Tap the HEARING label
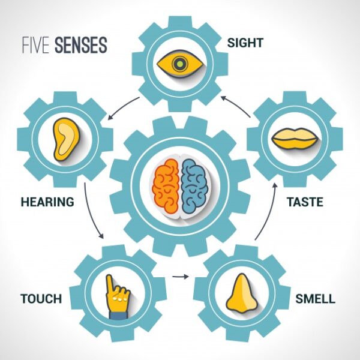click(47, 202)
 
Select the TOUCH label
click(41, 298)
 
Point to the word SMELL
click(315, 298)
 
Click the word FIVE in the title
click(35, 46)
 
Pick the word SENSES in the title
click(80, 46)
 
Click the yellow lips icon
click(295, 140)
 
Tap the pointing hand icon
click(118, 296)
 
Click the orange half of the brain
click(165, 184)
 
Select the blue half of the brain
click(194, 184)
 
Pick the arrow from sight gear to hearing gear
click(124, 107)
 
